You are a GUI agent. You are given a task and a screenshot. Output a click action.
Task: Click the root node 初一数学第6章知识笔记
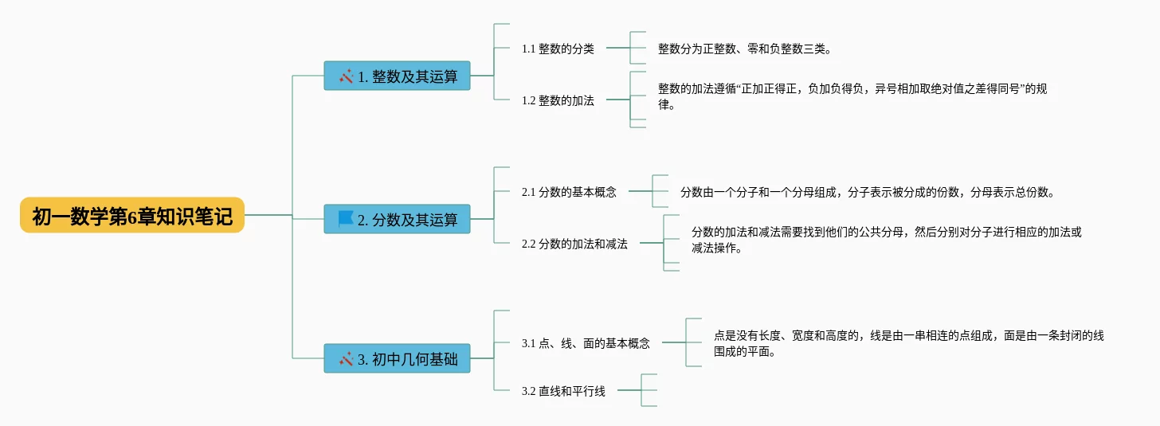pos(132,215)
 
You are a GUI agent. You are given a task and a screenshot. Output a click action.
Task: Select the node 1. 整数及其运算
pos(397,76)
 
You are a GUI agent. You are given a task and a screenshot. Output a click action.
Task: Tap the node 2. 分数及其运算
pos(397,219)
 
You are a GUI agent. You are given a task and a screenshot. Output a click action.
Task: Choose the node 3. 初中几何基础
pos(397,358)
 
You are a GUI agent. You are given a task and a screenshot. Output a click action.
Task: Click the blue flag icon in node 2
pos(346,219)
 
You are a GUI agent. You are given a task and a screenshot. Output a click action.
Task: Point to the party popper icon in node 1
pos(346,76)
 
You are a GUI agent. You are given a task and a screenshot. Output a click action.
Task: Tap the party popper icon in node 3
pos(346,359)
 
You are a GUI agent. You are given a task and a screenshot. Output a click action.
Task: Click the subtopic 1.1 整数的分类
pos(558,49)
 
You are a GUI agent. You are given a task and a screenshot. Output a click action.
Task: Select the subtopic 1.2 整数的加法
pos(558,100)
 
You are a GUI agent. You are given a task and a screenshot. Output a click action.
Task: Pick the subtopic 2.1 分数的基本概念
pos(569,192)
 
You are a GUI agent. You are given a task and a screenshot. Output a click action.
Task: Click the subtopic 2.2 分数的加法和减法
pos(574,244)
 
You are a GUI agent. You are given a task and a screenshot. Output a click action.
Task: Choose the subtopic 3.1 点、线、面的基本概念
pos(586,343)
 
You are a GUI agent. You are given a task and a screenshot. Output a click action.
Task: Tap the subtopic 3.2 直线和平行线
pos(563,391)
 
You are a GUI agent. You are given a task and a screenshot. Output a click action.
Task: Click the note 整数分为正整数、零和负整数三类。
pos(745,49)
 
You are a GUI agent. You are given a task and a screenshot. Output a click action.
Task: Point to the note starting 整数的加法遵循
pos(852,96)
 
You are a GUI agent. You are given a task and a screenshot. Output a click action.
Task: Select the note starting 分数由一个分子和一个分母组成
pos(868,192)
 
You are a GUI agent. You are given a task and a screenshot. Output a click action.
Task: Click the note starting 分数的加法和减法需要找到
pos(887,240)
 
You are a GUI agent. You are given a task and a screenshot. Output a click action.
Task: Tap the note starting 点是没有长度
pos(909,343)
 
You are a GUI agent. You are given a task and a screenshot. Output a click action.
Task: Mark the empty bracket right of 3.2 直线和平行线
pos(649,390)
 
